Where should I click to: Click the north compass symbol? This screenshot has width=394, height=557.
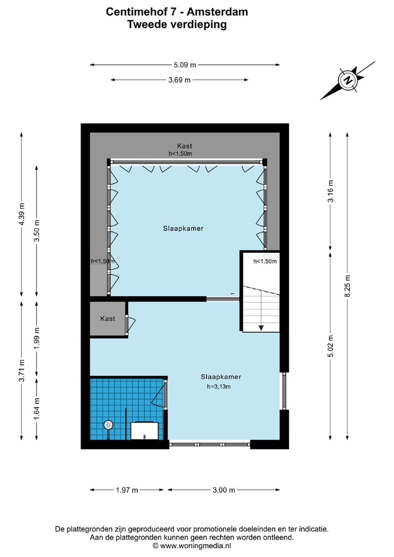click(x=347, y=80)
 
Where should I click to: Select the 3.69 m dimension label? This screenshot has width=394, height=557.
click(x=179, y=80)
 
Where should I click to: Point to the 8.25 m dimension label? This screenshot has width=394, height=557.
click(x=347, y=285)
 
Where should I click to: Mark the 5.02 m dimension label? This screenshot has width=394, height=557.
click(x=330, y=345)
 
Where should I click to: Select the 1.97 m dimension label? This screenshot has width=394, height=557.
click(x=128, y=490)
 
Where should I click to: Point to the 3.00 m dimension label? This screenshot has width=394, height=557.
click(x=223, y=490)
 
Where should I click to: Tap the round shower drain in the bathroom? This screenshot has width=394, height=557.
click(x=108, y=424)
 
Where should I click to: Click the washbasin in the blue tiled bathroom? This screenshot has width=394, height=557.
click(x=145, y=431)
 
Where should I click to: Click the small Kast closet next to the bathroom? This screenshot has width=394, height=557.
click(x=108, y=318)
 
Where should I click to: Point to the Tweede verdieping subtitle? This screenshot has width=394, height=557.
click(x=177, y=24)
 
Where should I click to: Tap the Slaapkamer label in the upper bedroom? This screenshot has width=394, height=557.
click(x=183, y=229)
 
